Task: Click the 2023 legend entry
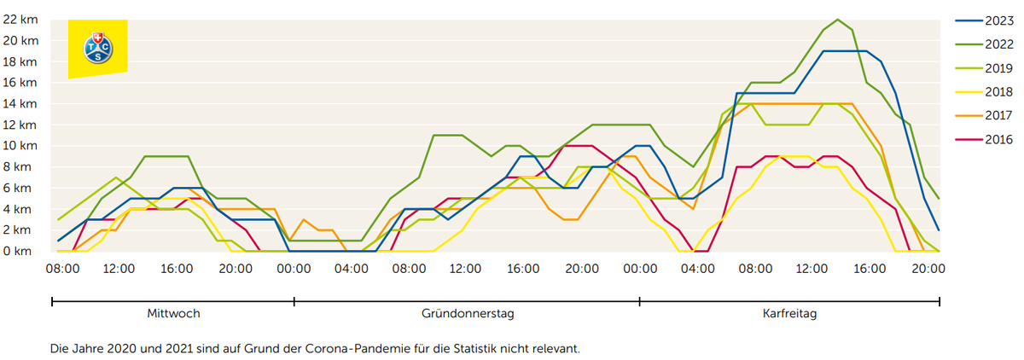(x=984, y=20)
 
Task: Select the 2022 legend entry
(x=984, y=44)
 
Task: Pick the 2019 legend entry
(x=984, y=68)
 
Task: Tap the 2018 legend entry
(x=984, y=92)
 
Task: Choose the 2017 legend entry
(x=984, y=115)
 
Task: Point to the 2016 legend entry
(x=984, y=139)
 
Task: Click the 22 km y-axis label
(x=20, y=20)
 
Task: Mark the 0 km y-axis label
(x=17, y=251)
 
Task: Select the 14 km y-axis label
(x=20, y=104)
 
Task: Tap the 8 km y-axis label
(x=17, y=166)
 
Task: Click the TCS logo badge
(x=98, y=49)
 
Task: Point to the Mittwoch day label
(x=173, y=313)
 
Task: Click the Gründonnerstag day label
(x=468, y=313)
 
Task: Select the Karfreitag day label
(x=789, y=314)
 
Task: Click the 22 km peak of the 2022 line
(x=837, y=20)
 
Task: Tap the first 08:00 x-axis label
(x=62, y=269)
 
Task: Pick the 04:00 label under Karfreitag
(x=698, y=269)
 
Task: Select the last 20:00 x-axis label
(x=928, y=269)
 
